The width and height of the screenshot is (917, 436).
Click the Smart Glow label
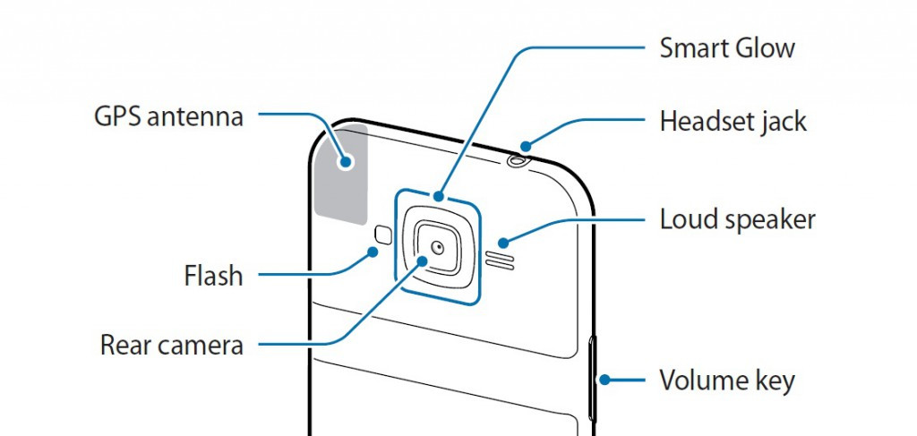coord(727,48)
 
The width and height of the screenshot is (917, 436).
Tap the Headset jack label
coord(733,121)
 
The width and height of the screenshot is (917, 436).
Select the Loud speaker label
coord(737,219)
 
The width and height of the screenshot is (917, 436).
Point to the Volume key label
coord(726,381)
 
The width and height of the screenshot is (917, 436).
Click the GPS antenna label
coord(168,116)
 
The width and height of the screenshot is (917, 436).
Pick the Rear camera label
coord(171,345)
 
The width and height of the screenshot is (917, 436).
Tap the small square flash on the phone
coord(383,235)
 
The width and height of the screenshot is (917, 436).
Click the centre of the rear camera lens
coord(438,246)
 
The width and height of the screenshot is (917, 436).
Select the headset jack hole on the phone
coord(518,161)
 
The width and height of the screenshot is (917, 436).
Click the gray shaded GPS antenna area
coord(343,175)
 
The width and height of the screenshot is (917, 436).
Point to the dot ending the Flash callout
coord(373,252)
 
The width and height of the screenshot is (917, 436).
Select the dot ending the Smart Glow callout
coord(438,195)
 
